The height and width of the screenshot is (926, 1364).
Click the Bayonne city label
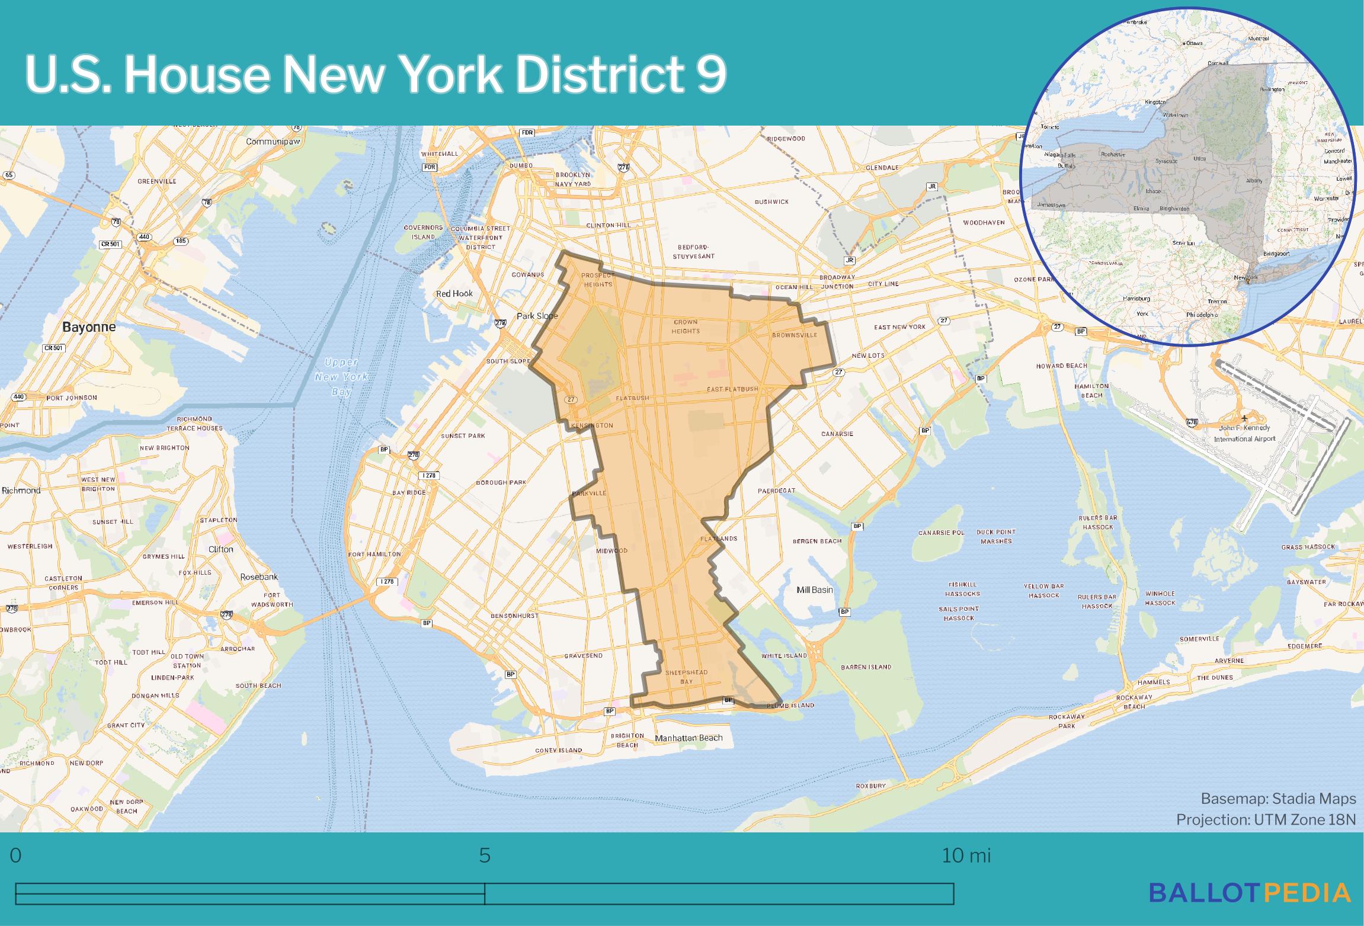click(89, 327)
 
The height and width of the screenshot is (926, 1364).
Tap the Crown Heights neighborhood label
click(686, 327)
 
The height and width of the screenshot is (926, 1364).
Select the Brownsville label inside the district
click(794, 335)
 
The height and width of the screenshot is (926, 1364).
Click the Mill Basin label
click(815, 589)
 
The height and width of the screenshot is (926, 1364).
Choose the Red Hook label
click(454, 293)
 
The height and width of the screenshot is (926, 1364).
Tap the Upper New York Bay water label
click(341, 377)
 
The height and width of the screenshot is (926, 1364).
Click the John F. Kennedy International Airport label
click(1244, 433)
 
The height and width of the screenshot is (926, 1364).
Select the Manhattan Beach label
click(689, 738)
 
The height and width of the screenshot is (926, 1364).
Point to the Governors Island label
click(423, 232)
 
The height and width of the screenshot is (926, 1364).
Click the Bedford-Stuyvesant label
click(693, 252)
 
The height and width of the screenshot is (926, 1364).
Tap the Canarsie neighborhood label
click(837, 434)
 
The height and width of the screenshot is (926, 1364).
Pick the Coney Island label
click(558, 750)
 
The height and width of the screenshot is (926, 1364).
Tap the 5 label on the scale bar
click(485, 855)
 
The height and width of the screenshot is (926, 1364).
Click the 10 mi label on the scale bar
click(966, 855)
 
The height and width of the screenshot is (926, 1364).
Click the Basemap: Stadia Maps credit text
click(1278, 799)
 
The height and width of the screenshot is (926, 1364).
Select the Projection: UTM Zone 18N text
click(1266, 819)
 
